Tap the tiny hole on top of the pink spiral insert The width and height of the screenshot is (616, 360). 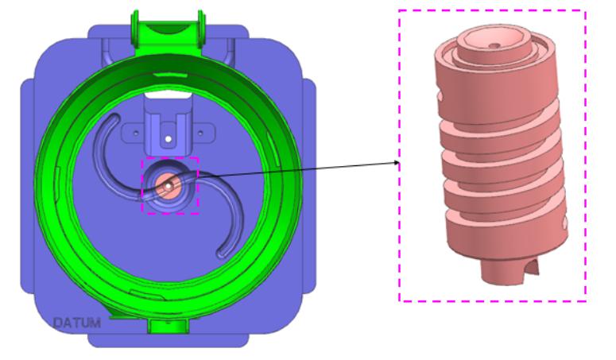click(x=496, y=46)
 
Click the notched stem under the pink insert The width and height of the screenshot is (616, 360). click(x=509, y=271)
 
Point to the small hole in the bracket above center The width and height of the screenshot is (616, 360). click(x=169, y=139)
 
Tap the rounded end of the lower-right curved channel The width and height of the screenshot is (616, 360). click(x=222, y=254)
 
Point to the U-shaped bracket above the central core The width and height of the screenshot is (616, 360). click(x=169, y=127)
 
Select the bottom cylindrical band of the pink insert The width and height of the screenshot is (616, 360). click(x=509, y=238)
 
